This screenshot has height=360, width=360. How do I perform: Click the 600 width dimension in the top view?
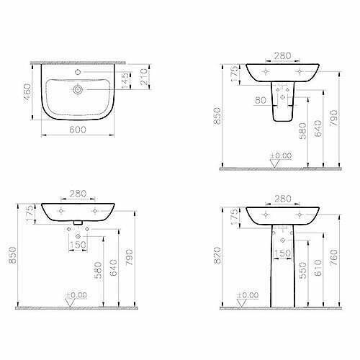click(78, 130)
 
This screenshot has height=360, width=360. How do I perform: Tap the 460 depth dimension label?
click(27, 92)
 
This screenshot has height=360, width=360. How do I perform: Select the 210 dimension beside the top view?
click(144, 77)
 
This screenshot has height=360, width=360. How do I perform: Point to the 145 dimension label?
click(125, 81)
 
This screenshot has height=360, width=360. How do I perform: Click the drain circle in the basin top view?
click(78, 90)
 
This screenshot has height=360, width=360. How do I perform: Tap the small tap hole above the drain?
click(78, 72)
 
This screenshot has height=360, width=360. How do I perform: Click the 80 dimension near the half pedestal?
click(261, 100)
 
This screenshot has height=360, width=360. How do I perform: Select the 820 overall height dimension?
click(217, 256)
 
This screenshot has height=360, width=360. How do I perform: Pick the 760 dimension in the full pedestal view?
click(334, 257)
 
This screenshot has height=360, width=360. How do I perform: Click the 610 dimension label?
click(318, 268)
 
